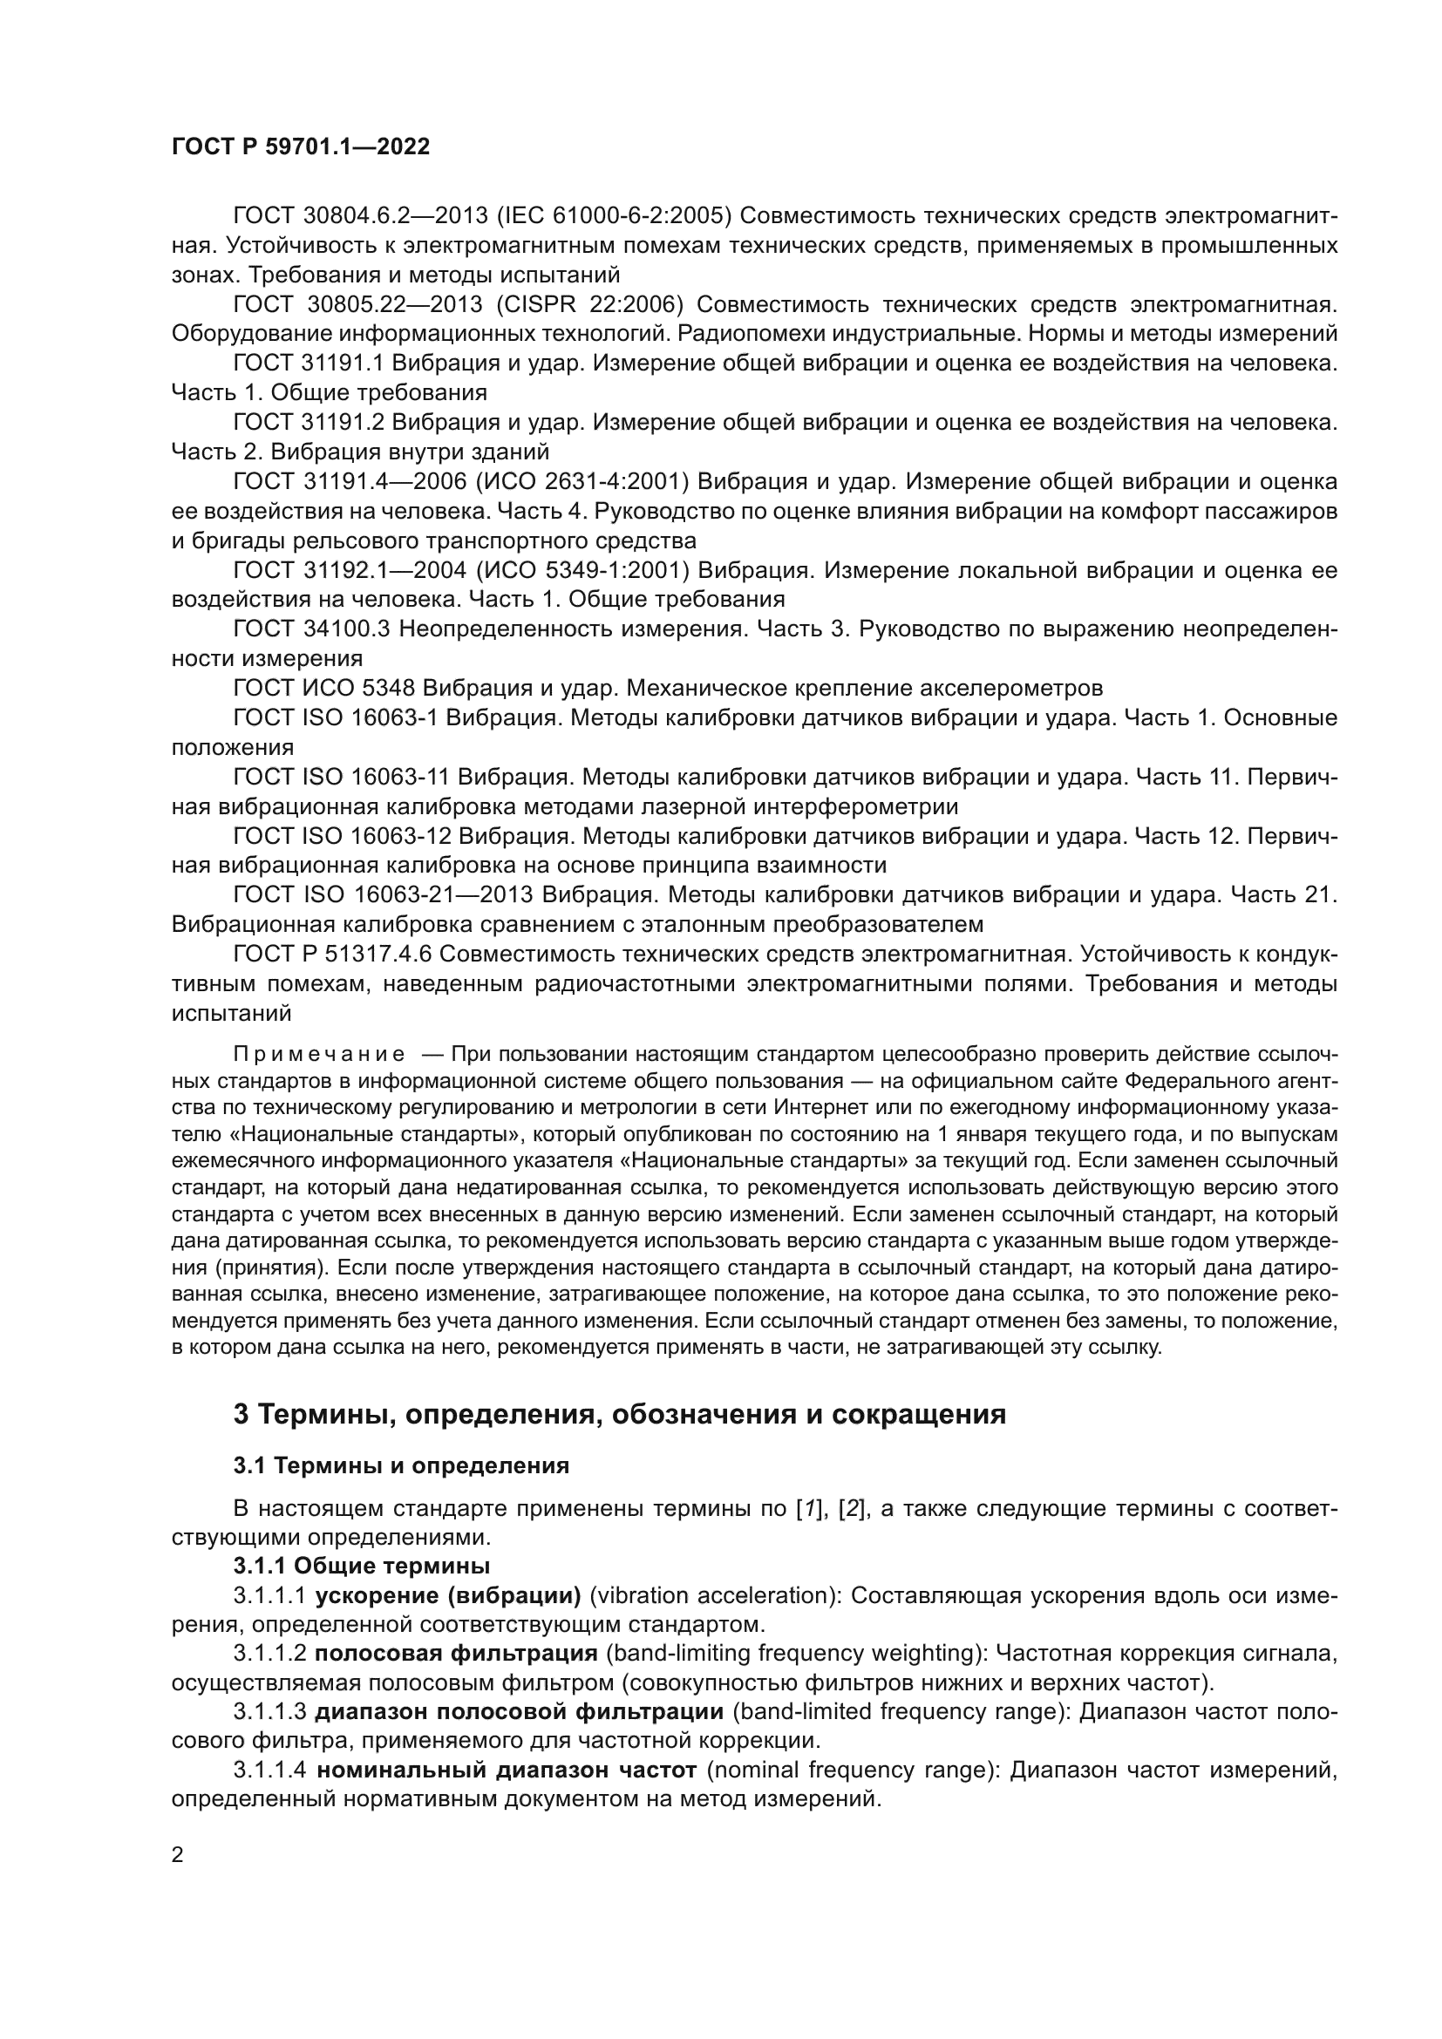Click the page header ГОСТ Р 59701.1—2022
(300, 147)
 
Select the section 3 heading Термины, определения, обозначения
(619, 1414)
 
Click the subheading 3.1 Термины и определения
(401, 1465)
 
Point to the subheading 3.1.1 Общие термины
(362, 1566)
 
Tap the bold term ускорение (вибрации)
(448, 1596)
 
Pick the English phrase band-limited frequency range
(898, 1712)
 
